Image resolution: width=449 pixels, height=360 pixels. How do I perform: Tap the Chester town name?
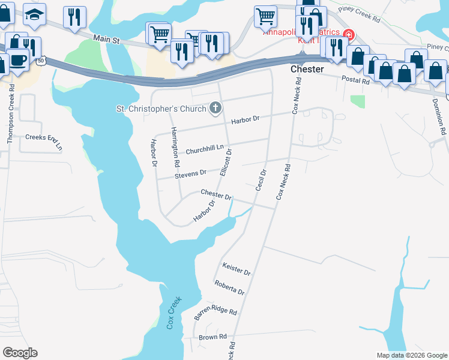point(307,70)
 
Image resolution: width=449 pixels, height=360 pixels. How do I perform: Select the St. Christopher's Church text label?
point(160,109)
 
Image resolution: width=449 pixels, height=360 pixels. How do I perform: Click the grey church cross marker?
point(215,108)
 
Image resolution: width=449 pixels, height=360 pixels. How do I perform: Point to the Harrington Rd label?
point(175,147)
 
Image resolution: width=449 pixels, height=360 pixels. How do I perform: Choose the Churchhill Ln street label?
point(204,149)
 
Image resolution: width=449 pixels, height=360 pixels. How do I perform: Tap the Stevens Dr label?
point(190,173)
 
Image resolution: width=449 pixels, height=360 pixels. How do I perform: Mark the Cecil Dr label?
point(260,180)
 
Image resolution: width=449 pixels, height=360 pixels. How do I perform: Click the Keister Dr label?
point(236,268)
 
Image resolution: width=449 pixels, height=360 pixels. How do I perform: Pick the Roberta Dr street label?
point(229,287)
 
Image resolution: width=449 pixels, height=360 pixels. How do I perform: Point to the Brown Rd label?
point(212,337)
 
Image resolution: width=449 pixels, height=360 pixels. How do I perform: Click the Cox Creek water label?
point(173,313)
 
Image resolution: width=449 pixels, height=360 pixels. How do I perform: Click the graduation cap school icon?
point(35,17)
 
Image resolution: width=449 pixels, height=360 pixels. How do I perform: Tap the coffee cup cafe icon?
point(18,59)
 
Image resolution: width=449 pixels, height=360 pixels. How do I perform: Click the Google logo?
point(20,353)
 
